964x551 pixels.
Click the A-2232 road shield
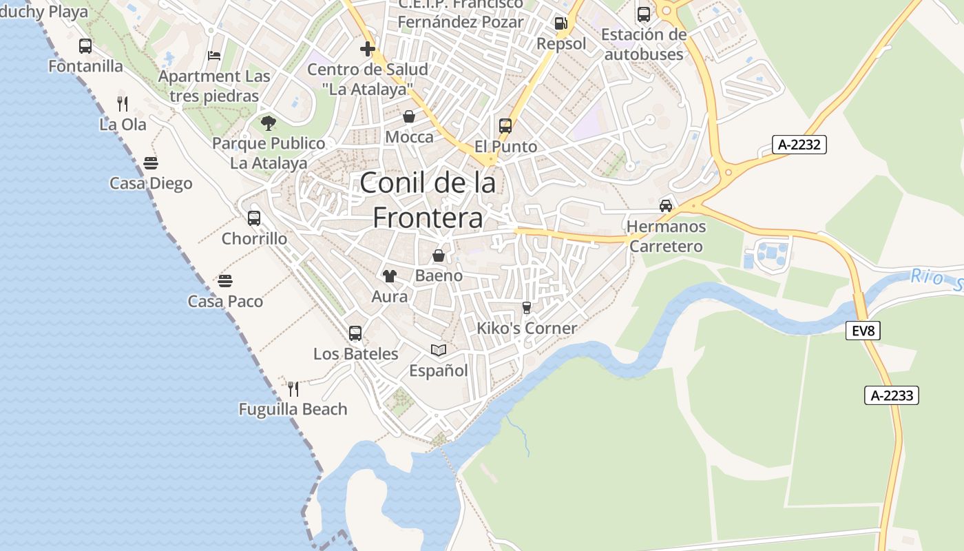point(799,145)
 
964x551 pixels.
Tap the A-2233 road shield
point(892,395)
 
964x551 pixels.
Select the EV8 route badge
point(863,331)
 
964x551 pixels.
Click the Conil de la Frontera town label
point(428,200)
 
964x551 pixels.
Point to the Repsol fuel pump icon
point(561,23)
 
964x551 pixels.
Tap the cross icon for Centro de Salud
point(368,49)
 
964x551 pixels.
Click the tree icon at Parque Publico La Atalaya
point(269,123)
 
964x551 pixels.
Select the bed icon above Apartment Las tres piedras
point(214,56)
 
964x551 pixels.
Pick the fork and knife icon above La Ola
point(123,104)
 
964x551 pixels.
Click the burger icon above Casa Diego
point(151,163)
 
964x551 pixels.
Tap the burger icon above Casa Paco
point(225,281)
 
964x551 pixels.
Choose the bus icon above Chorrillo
point(254,218)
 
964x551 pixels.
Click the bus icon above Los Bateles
point(355,333)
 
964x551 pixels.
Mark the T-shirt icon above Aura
point(390,276)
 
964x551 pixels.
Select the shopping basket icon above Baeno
point(439,256)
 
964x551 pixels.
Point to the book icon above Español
point(439,350)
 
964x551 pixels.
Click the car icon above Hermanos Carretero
point(666,206)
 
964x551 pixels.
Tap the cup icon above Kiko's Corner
point(527,307)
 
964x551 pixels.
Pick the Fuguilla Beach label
point(293,409)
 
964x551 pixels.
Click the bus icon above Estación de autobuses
point(644,14)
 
